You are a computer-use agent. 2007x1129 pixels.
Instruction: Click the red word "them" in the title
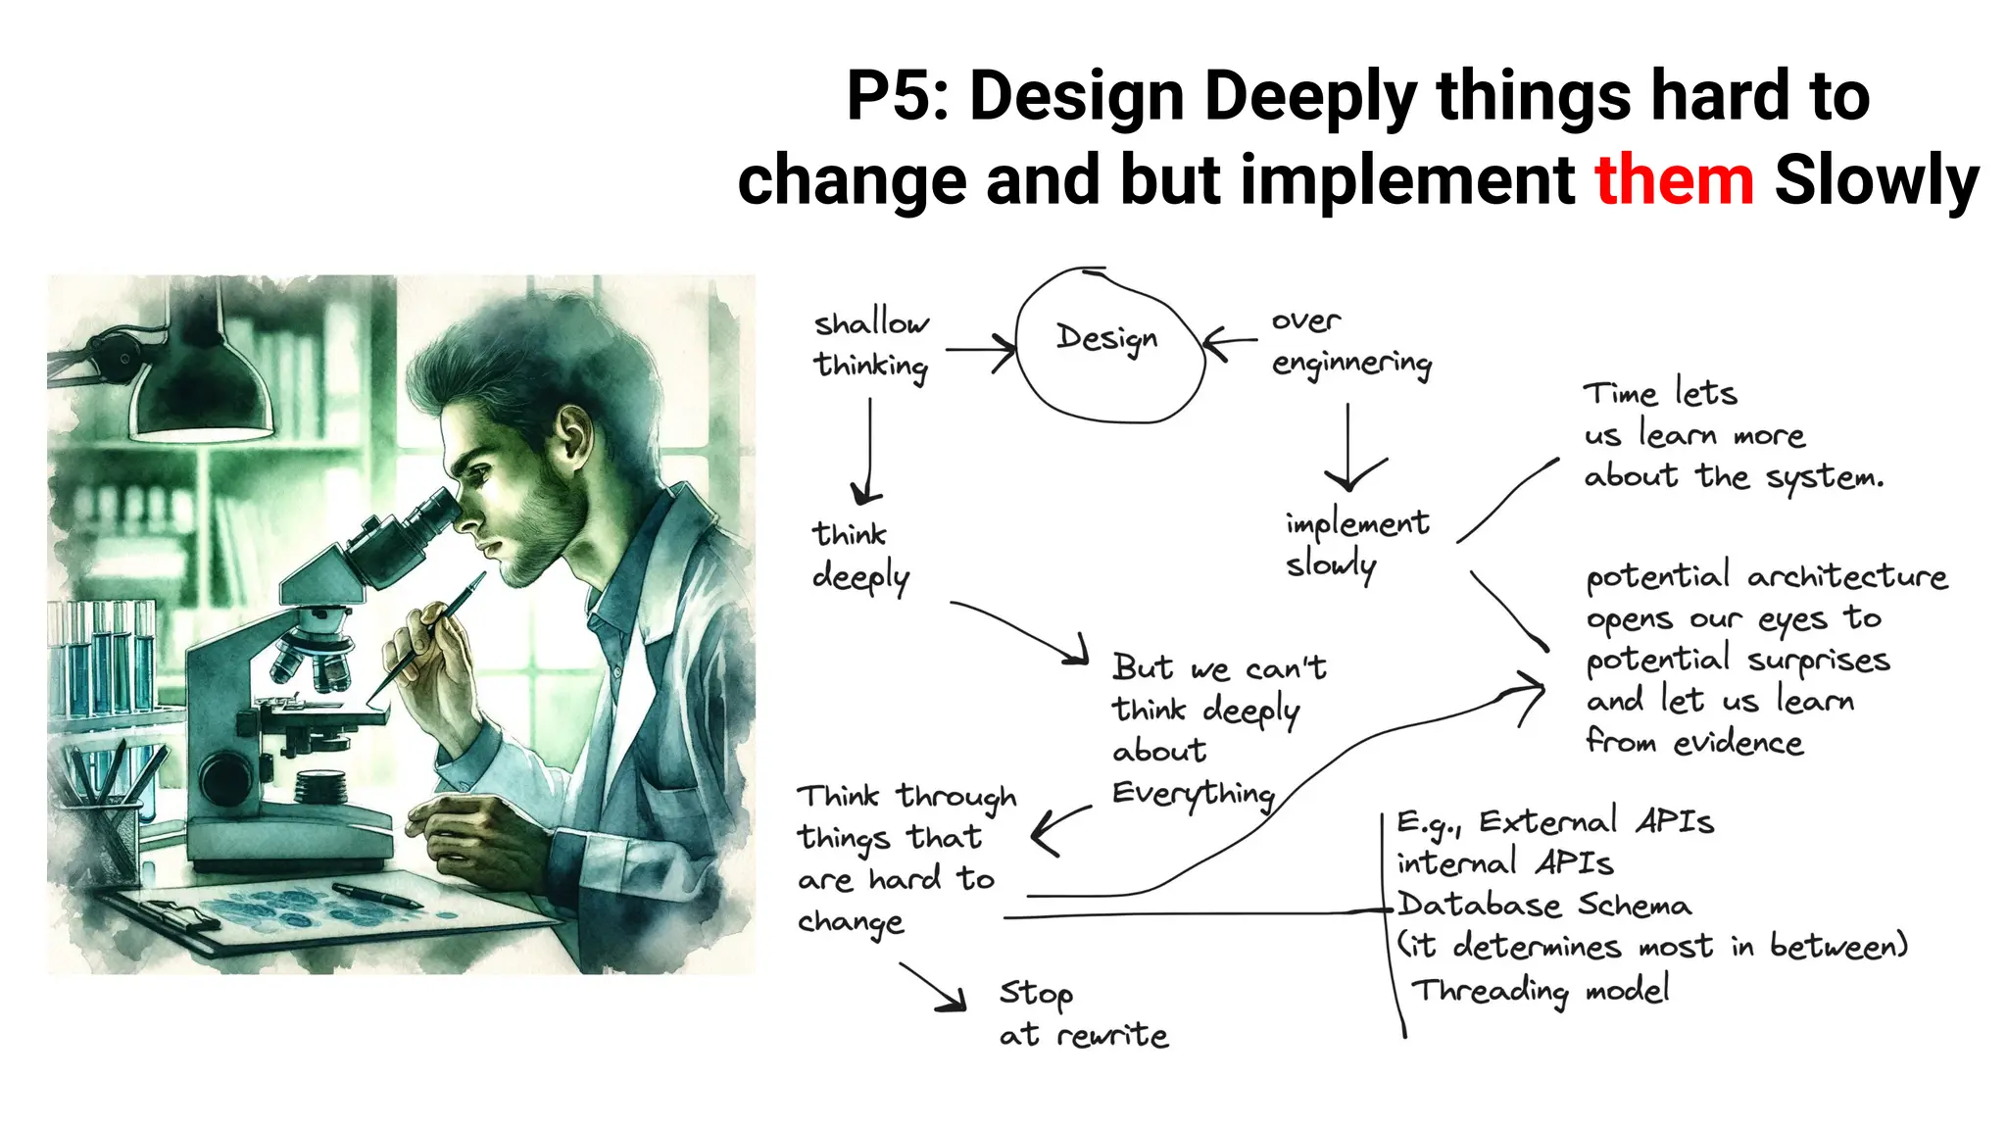tap(1674, 180)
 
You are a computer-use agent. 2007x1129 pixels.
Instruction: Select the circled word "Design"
tap(1107, 339)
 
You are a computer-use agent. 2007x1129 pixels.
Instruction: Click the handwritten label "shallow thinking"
tap(871, 344)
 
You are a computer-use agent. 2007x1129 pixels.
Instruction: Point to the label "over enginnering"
tap(1350, 343)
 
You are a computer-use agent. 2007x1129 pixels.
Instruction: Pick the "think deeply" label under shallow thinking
tap(860, 556)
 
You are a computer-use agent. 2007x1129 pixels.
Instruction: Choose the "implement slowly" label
tap(1356, 545)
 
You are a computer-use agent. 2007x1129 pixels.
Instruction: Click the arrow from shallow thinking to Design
tap(980, 349)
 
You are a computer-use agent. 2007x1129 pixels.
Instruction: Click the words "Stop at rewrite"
tap(1083, 1014)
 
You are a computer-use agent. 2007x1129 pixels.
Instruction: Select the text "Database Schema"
tap(1544, 905)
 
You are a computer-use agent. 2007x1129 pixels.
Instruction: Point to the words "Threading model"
tap(1541, 990)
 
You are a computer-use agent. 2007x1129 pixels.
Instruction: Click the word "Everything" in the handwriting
tap(1193, 793)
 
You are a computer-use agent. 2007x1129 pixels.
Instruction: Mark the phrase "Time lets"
tap(1660, 393)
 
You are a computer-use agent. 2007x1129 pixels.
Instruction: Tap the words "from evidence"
tap(1694, 742)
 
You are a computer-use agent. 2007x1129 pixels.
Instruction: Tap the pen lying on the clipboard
tap(376, 895)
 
